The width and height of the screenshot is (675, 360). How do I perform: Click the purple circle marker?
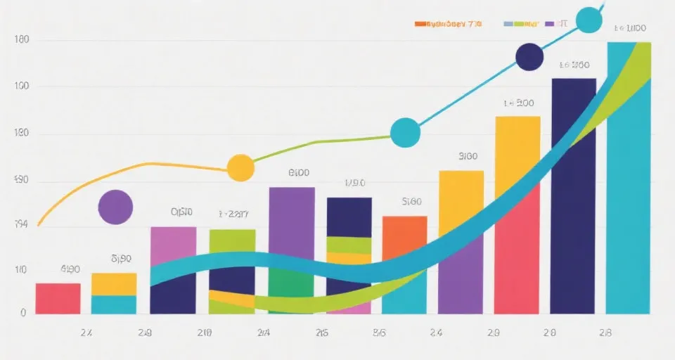tap(115, 207)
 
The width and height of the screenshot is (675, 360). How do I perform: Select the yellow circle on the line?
tap(240, 168)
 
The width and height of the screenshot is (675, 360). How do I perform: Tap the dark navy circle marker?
tap(529, 57)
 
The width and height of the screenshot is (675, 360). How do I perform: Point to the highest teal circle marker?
tap(589, 20)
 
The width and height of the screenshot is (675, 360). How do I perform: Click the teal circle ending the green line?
tap(405, 133)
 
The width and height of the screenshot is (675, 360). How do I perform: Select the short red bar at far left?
tap(58, 298)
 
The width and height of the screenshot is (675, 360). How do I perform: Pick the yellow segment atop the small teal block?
tap(114, 284)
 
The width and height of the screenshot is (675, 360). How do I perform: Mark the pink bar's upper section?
tap(173, 243)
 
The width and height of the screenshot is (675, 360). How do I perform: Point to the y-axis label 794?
tap(21, 225)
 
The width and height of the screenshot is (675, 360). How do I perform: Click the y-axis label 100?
tap(21, 86)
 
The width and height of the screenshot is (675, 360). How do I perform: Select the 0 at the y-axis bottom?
tap(23, 313)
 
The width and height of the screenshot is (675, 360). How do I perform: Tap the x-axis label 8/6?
tap(379, 333)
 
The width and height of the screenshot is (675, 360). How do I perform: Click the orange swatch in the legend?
tap(420, 24)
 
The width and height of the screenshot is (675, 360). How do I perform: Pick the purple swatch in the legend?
tap(549, 24)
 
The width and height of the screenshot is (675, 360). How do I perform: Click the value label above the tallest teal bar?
tap(629, 29)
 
